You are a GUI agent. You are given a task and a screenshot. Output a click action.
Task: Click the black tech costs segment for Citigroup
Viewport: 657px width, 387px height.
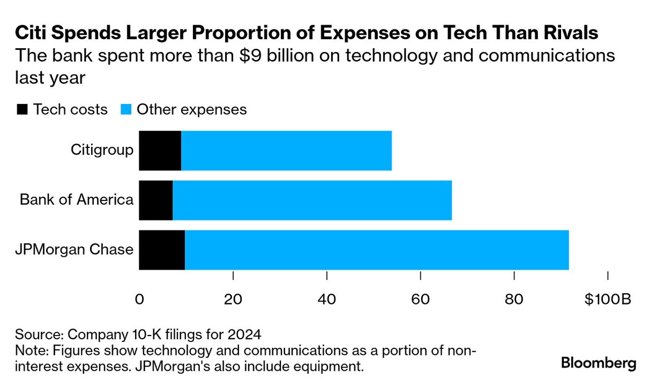pos(160,151)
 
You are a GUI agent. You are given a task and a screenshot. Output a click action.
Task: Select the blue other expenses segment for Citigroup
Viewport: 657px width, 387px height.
pos(286,151)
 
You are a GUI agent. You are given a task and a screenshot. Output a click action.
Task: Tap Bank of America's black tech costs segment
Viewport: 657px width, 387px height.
pos(155,200)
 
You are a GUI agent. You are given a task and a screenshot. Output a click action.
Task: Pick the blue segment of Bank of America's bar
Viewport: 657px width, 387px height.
pos(312,200)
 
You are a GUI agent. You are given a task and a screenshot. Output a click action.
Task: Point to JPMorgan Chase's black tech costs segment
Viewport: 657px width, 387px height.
pos(162,250)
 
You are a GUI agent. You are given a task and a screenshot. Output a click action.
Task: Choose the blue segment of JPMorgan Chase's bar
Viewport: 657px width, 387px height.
pos(377,250)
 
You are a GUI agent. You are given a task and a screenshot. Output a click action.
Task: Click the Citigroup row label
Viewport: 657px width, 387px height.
pos(102,150)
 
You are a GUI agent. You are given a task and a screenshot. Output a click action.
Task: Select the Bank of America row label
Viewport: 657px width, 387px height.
pos(77,199)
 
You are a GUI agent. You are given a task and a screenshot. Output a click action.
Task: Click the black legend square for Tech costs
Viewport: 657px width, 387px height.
pos(23,109)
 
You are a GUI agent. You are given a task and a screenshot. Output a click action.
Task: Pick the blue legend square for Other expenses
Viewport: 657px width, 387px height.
pos(126,109)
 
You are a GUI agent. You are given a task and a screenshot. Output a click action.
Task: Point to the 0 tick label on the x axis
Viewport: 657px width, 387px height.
pos(139,299)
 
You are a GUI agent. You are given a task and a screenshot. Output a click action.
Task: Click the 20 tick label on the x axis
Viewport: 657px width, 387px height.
pos(233,299)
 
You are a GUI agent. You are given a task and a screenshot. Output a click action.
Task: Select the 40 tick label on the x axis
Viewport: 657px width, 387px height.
pos(327,299)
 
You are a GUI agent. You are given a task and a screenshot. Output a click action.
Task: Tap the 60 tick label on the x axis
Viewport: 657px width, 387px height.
pos(421,299)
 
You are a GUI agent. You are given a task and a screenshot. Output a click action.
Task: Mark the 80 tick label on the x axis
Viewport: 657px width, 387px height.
pos(514,299)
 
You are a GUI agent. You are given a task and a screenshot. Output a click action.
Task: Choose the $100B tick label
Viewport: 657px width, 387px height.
pos(608,299)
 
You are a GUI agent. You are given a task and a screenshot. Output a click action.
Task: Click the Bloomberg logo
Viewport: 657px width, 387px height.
pos(599,363)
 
